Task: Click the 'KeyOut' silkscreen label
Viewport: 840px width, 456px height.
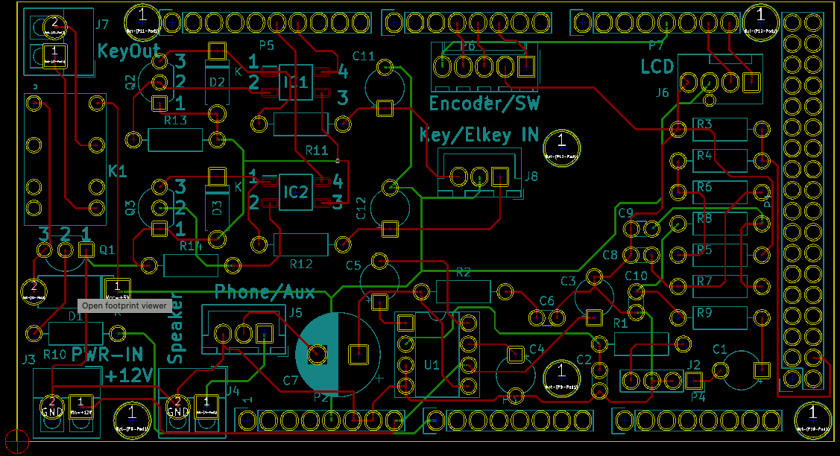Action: coord(130,51)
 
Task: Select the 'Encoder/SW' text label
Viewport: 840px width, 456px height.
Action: coord(484,104)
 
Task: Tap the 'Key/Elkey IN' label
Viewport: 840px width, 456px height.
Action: coord(479,135)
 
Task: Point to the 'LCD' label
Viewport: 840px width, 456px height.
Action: coord(657,68)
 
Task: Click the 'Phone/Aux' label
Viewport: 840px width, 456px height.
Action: coord(265,291)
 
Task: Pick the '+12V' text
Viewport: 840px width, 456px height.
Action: coord(130,374)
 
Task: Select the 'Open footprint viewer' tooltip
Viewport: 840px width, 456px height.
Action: coord(124,305)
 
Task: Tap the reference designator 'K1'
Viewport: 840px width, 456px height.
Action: coord(118,171)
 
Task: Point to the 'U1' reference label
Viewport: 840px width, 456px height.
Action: coord(431,364)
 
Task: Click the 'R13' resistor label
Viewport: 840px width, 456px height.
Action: coord(175,120)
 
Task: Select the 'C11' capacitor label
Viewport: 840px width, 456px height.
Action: coord(364,56)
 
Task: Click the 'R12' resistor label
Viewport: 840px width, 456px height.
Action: coord(301,264)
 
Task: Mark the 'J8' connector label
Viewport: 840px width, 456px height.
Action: coord(531,177)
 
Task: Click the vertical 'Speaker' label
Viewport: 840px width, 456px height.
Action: coord(176,335)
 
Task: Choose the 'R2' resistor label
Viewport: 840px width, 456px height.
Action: coord(464,272)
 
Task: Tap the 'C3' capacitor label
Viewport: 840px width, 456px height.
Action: coord(568,281)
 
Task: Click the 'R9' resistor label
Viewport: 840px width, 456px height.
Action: coord(704,313)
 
